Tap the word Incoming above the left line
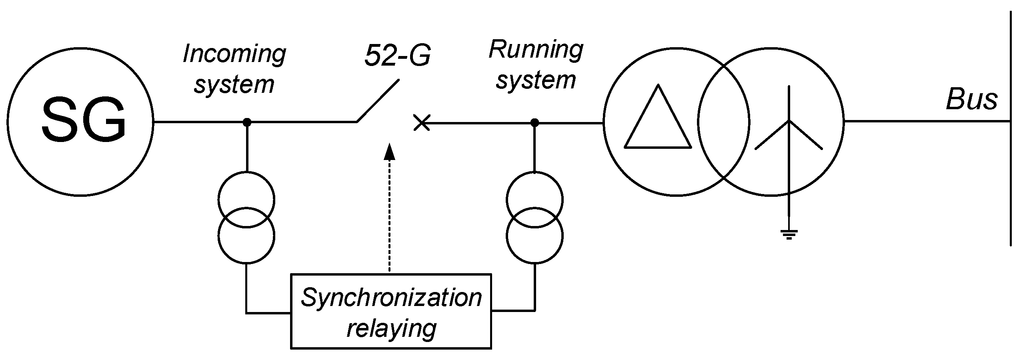[234, 54]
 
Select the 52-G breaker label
[397, 56]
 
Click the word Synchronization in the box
[391, 298]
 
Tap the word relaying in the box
[391, 329]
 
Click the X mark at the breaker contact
[422, 123]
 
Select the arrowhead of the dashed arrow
[389, 152]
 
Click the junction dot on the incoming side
[247, 122]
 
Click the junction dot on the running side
[535, 122]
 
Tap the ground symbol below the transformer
[789, 234]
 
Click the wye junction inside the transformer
[789, 121]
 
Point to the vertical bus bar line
[1011, 128]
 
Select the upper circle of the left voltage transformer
[246, 199]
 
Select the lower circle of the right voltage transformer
[535, 236]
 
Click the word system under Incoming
[234, 85]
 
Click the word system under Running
[536, 80]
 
